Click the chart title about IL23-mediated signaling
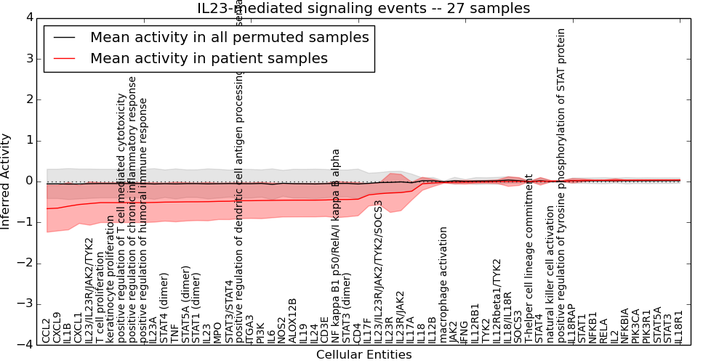click(363, 8)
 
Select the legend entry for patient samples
click(209, 58)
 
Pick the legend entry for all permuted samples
click(230, 37)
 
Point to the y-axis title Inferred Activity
click(6, 181)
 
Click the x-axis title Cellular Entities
click(363, 354)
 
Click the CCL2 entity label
click(47, 330)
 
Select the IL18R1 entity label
click(679, 326)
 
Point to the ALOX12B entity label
click(292, 321)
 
